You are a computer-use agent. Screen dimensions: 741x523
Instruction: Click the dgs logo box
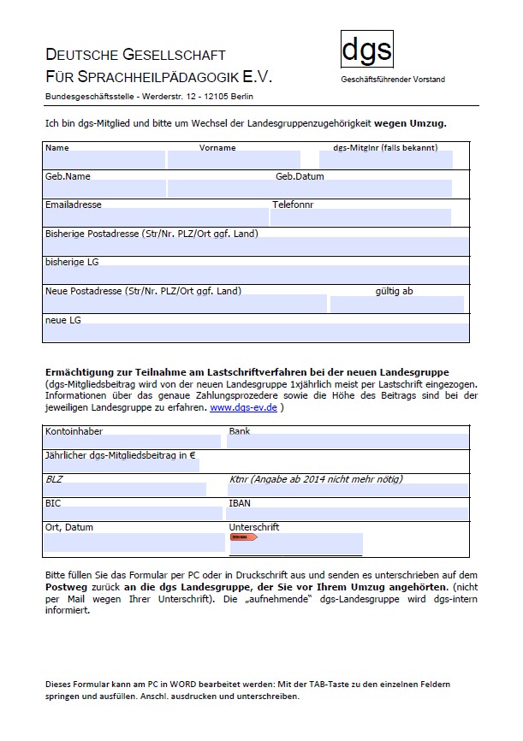pyautogui.click(x=367, y=50)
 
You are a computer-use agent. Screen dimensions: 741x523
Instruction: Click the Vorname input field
pyautogui.click(x=234, y=160)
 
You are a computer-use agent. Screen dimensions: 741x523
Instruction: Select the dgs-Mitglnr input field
pyautogui.click(x=384, y=160)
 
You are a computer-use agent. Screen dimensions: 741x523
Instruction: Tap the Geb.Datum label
pyautogui.click(x=300, y=176)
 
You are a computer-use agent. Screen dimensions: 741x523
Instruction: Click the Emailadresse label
pyautogui.click(x=73, y=205)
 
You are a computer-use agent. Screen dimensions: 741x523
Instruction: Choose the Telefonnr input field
pyautogui.click(x=360, y=216)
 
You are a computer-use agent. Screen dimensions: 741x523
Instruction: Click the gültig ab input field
pyautogui.click(x=396, y=305)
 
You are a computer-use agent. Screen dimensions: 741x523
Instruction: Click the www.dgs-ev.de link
pyautogui.click(x=243, y=408)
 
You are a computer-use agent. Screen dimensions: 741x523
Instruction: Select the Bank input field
pyautogui.click(x=348, y=442)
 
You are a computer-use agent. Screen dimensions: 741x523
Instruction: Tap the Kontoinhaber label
pyautogui.click(x=74, y=431)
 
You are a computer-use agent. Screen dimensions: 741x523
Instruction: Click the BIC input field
pyautogui.click(x=125, y=513)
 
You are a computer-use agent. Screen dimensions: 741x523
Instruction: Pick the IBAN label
pyautogui.click(x=240, y=504)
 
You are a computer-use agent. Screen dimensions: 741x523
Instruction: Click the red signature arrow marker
pyautogui.click(x=244, y=536)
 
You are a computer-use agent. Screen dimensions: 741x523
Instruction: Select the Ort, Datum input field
pyautogui.click(x=134, y=542)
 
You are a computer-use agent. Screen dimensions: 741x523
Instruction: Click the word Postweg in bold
pyautogui.click(x=67, y=589)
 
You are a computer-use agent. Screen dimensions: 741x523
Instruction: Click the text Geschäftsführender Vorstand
pyautogui.click(x=393, y=80)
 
